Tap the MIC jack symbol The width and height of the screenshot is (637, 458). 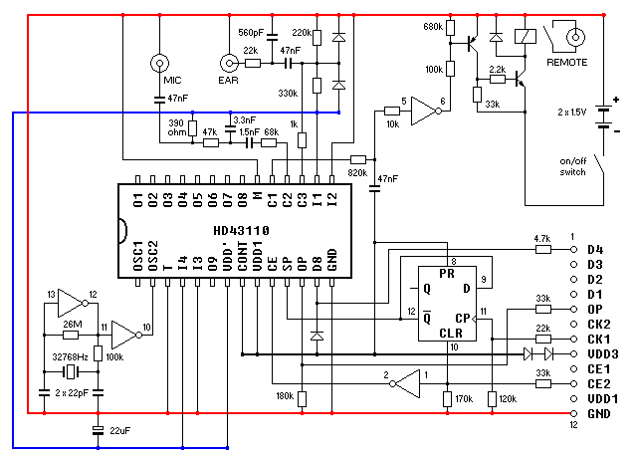point(157,64)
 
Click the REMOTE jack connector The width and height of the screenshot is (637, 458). point(575,39)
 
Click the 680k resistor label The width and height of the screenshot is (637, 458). point(432,25)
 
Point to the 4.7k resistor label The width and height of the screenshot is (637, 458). point(541,239)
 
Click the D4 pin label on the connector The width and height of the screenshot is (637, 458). point(595,249)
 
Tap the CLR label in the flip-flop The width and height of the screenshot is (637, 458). point(450,334)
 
